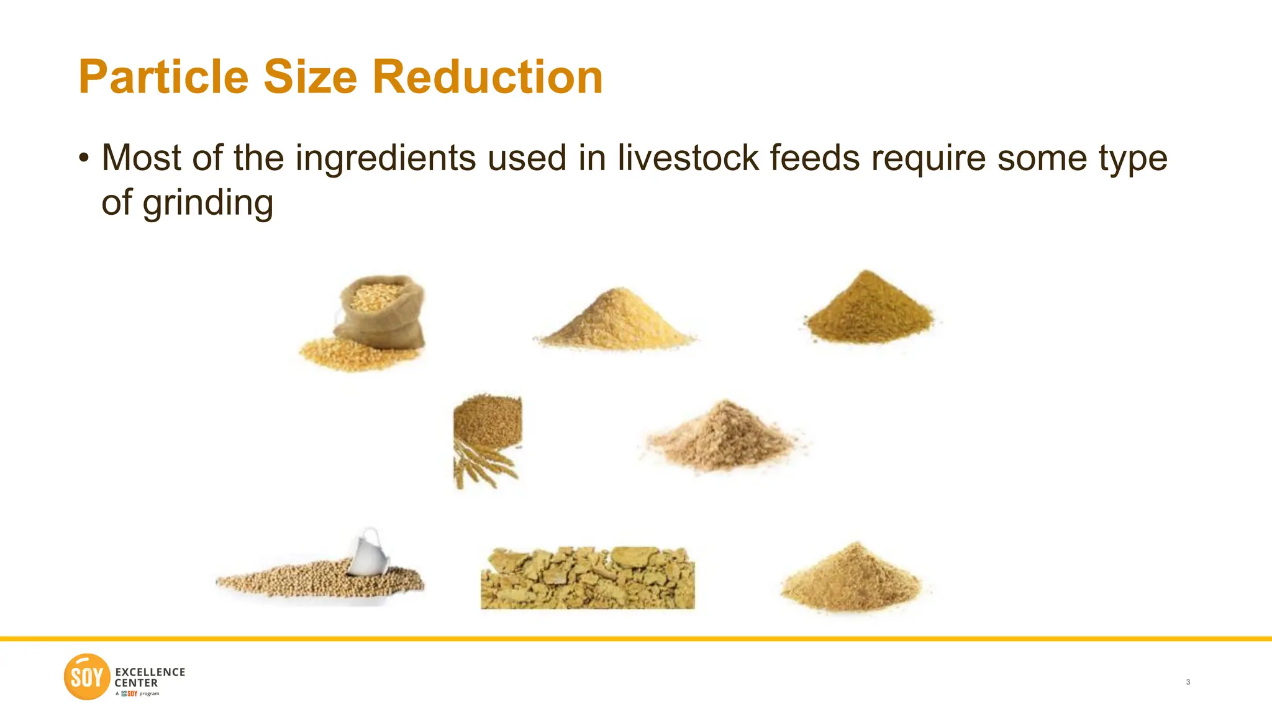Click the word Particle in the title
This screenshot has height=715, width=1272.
point(163,77)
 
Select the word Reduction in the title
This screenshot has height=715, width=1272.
point(488,77)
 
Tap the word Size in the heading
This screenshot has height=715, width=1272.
point(310,77)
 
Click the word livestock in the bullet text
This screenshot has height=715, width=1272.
point(688,158)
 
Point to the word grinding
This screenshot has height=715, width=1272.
point(207,204)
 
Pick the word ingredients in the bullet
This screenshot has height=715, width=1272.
point(385,158)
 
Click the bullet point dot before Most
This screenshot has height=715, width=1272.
point(84,158)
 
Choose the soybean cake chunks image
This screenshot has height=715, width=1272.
point(588,578)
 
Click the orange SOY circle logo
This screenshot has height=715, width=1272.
point(87,677)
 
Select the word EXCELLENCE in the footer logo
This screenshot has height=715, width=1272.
point(150,672)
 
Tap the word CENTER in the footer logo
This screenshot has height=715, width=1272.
point(137,683)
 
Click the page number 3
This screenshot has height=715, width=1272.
point(1188,682)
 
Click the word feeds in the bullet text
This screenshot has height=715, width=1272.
point(815,158)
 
